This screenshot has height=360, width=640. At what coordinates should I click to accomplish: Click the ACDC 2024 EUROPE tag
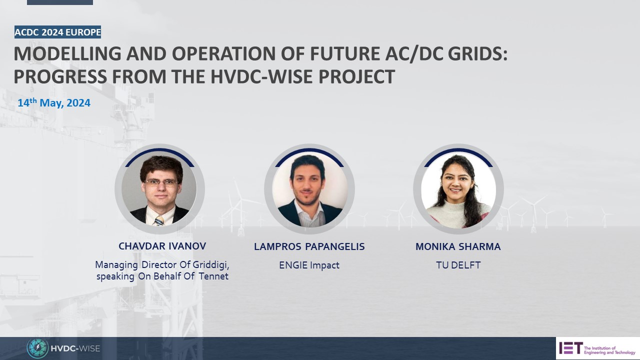click(57, 32)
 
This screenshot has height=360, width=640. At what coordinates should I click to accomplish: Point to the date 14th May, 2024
click(54, 103)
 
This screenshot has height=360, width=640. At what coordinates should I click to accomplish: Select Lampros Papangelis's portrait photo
click(309, 188)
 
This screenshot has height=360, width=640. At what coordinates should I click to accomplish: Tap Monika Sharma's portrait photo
click(458, 188)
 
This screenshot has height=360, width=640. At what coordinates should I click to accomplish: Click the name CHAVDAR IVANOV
click(162, 246)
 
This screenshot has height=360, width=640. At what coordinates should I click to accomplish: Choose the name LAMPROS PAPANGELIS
click(309, 246)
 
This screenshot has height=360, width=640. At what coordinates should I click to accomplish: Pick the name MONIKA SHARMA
click(458, 246)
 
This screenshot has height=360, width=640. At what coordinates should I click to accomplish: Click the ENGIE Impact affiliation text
click(309, 265)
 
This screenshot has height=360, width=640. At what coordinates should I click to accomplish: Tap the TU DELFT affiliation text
click(458, 265)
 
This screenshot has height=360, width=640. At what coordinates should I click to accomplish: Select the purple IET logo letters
click(569, 347)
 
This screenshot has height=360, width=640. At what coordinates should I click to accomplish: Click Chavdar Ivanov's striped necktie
click(159, 220)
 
